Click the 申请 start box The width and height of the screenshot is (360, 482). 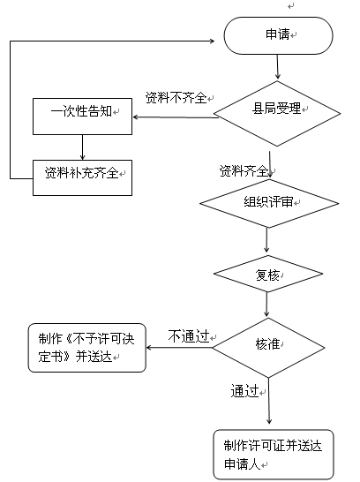[278, 35]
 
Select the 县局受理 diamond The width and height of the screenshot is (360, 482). [277, 113]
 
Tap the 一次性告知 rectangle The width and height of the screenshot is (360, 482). [82, 117]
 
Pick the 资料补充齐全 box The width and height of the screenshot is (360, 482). [82, 177]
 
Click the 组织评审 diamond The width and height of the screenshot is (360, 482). [269, 203]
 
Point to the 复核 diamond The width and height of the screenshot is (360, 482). [268, 274]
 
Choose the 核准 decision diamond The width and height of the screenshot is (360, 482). [268, 348]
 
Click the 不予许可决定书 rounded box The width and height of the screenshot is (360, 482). [87, 348]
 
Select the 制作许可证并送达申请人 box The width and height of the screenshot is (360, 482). [274, 455]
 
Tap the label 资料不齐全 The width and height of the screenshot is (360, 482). [176, 98]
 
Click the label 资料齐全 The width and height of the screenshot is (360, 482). [244, 170]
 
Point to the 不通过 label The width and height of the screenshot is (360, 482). [189, 336]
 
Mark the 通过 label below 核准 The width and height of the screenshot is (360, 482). [244, 391]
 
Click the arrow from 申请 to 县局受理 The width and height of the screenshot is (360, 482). [278, 67]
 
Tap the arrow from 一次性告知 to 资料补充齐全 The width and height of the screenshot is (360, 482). [82, 147]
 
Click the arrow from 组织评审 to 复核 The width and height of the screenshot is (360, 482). [266, 240]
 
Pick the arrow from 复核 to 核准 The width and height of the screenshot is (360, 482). [266, 304]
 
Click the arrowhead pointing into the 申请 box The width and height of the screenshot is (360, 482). [212, 41]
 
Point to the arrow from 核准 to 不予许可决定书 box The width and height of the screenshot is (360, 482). [179, 348]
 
